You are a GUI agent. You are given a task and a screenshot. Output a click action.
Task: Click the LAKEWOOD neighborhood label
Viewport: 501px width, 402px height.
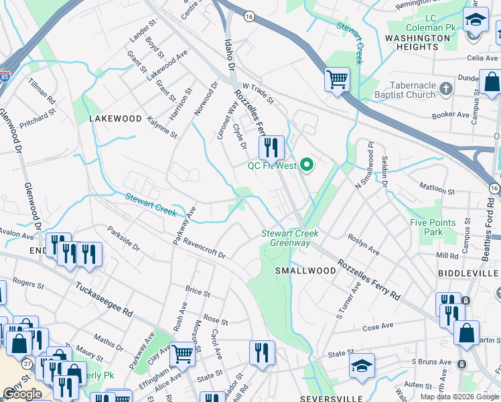pyautogui.click(x=116, y=119)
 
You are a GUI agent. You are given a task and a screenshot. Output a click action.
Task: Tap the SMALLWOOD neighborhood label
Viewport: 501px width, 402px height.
pyautogui.click(x=305, y=271)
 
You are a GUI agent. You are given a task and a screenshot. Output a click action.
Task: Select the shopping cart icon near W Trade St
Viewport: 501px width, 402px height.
pyautogui.click(x=337, y=80)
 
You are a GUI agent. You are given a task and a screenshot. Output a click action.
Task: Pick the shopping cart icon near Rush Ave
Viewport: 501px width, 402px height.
pyautogui.click(x=182, y=354)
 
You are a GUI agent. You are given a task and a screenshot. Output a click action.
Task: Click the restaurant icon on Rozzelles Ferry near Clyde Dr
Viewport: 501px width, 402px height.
pyautogui.click(x=271, y=147)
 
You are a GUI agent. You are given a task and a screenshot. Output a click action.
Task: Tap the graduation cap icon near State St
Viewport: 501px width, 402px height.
pyautogui.click(x=362, y=366)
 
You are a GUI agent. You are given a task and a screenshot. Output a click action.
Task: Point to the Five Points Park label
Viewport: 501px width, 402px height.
pyautogui.click(x=433, y=227)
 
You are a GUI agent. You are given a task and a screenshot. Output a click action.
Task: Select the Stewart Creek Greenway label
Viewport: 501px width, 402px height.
pyautogui.click(x=289, y=238)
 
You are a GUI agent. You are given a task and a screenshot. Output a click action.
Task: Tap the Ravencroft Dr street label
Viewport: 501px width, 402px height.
pyautogui.click(x=205, y=249)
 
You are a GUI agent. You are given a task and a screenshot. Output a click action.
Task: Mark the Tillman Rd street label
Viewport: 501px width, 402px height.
pyautogui.click(x=41, y=90)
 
